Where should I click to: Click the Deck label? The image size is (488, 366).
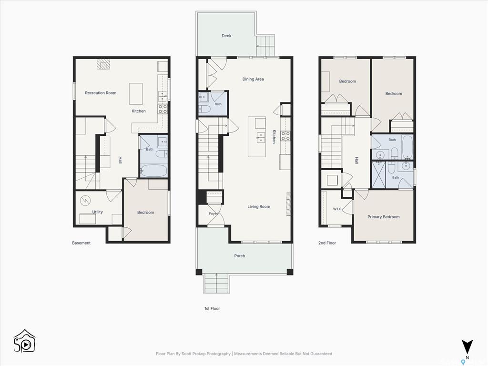click(x=226, y=36)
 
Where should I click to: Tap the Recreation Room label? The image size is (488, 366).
click(x=101, y=93)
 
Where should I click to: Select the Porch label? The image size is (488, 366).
click(x=239, y=256)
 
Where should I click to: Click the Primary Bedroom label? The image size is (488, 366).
click(x=384, y=217)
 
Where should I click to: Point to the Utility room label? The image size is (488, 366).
click(x=97, y=212)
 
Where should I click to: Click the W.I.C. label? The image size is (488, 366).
click(x=337, y=209)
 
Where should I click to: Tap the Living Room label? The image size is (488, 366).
click(x=259, y=207)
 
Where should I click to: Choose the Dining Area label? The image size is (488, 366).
click(x=253, y=79)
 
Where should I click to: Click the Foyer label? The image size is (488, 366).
click(x=213, y=213)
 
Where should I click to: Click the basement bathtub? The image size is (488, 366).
click(x=154, y=171)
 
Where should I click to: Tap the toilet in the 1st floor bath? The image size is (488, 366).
click(x=204, y=109)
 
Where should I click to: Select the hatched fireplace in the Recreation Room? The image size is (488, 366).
click(x=103, y=64)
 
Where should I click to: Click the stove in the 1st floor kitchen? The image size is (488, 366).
click(x=286, y=136)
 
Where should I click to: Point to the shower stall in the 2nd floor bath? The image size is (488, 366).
click(x=379, y=174)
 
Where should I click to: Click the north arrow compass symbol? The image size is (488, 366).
click(x=467, y=347)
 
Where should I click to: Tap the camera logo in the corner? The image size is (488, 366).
click(x=24, y=341)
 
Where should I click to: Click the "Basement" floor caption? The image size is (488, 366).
click(x=81, y=243)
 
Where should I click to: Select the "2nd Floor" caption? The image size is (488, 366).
click(x=327, y=243)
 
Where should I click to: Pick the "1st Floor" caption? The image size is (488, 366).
click(x=212, y=308)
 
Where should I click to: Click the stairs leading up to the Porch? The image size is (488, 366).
click(x=216, y=283)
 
